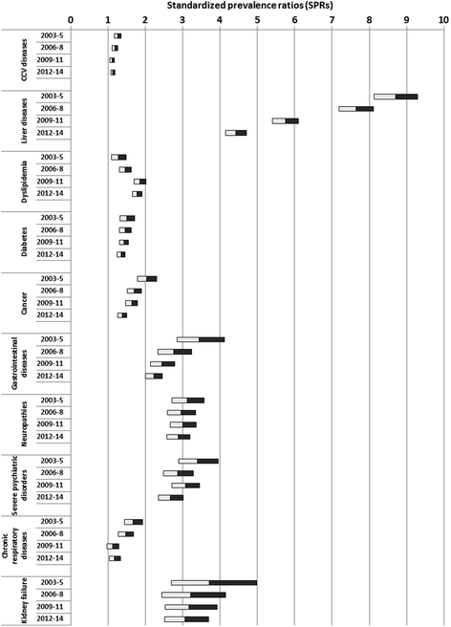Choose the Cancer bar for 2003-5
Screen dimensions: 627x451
point(147,278)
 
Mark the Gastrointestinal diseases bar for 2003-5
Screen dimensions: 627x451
point(201,339)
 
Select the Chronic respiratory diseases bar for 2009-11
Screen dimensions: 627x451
point(113,546)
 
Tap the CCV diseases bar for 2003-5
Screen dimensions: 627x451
point(118,35)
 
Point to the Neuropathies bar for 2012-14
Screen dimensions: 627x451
point(179,437)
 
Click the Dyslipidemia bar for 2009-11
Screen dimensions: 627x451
point(140,182)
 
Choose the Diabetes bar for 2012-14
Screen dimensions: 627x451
point(121,254)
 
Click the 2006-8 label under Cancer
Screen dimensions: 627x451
point(53,291)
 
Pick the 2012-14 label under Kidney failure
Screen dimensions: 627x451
point(51,618)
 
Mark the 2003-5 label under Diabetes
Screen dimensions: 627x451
point(53,218)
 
